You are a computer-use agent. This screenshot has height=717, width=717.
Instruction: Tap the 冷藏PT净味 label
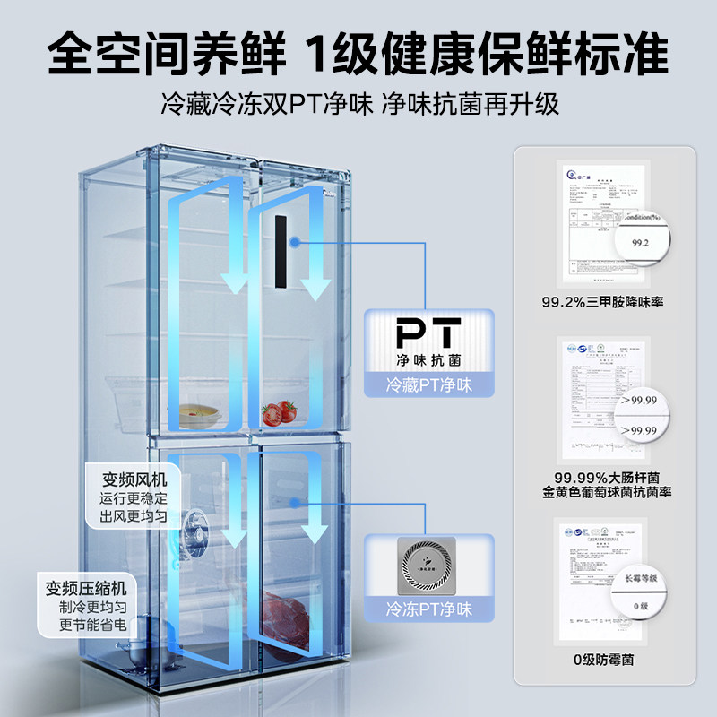pyautogui.click(x=428, y=386)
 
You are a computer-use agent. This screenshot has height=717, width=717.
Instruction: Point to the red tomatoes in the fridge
pyautogui.click(x=278, y=413)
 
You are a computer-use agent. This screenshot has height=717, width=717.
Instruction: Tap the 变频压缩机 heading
pyautogui.click(x=86, y=589)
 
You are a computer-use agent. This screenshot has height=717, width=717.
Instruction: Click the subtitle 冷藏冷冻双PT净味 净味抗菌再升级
pyautogui.click(x=358, y=103)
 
